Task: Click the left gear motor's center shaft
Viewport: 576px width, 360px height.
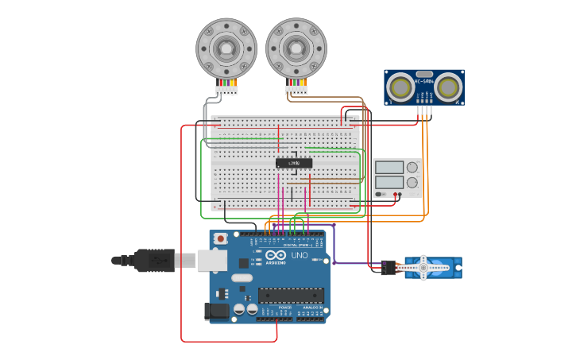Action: pyautogui.click(x=226, y=48)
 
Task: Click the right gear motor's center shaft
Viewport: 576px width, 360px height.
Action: pyautogui.click(x=296, y=48)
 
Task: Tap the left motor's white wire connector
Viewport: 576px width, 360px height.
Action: pyautogui.click(x=226, y=90)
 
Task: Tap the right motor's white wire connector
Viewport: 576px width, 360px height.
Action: pyautogui.click(x=296, y=90)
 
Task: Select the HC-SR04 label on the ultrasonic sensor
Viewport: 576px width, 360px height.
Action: pyautogui.click(x=424, y=81)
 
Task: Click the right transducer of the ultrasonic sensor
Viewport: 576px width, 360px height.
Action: pyautogui.click(x=449, y=86)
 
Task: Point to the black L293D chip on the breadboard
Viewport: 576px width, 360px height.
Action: pyautogui.click(x=294, y=163)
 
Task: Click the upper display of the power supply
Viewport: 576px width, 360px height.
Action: pyautogui.click(x=389, y=168)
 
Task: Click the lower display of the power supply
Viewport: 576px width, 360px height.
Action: pyautogui.click(x=389, y=182)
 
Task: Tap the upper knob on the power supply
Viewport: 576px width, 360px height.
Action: pyautogui.click(x=412, y=168)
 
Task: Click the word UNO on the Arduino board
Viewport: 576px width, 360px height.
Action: pyautogui.click(x=300, y=256)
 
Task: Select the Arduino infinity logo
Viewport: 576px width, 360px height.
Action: pyautogui.click(x=274, y=256)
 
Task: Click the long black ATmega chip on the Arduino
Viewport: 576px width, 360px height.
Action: pyautogui.click(x=290, y=296)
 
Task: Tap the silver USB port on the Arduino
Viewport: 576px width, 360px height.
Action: pyautogui.click(x=212, y=260)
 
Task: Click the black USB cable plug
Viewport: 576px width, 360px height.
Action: pyautogui.click(x=154, y=260)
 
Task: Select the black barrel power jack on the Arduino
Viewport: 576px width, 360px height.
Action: pyautogui.click(x=217, y=312)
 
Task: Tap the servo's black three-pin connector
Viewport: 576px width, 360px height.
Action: pyautogui.click(x=388, y=268)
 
